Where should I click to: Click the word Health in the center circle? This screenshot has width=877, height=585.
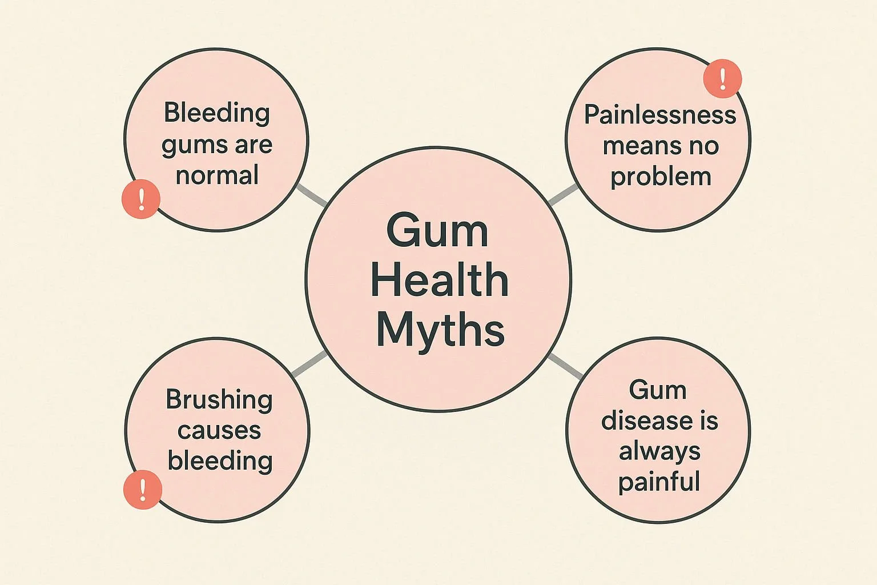coord(439,281)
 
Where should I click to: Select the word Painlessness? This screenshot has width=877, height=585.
coord(660,115)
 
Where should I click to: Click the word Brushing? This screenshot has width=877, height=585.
coord(219,400)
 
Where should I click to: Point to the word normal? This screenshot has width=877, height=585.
coord(217,175)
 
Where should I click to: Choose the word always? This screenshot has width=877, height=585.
coord(659,451)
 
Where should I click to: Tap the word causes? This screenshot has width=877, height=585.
coord(219,430)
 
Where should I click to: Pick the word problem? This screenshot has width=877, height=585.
coord(661,177)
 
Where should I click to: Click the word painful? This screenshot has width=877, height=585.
coord(659,482)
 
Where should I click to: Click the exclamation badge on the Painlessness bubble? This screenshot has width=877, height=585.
coord(722,79)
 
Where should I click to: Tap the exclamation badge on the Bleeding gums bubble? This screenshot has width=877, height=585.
coord(141,199)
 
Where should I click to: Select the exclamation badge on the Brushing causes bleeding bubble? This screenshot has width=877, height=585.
coord(143,489)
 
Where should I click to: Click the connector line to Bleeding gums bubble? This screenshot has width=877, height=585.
coord(311,195)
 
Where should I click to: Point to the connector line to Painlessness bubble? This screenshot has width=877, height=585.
coord(564,195)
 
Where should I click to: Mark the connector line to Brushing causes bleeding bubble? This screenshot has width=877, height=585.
coord(308,364)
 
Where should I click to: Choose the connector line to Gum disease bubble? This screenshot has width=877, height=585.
coord(566,366)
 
